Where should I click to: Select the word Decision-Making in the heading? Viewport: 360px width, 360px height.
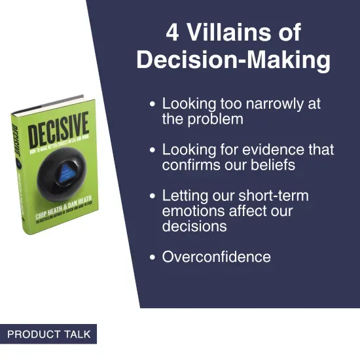pyautogui.click(x=233, y=60)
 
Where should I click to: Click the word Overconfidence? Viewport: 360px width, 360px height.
pyautogui.click(x=216, y=257)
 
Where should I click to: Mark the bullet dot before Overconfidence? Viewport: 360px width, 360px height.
pyautogui.click(x=153, y=257)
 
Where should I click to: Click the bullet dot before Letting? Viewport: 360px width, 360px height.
pyautogui.click(x=153, y=196)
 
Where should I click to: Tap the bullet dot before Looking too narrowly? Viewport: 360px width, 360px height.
pyautogui.click(x=153, y=105)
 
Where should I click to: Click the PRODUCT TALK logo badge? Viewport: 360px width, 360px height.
pyautogui.click(x=48, y=334)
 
